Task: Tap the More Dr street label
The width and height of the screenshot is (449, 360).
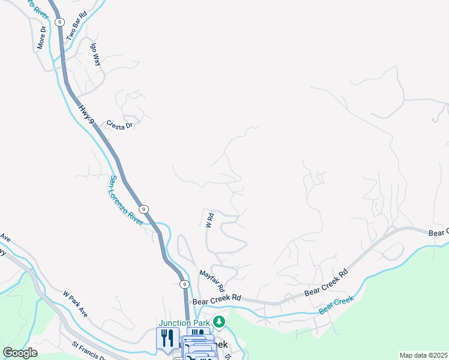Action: pos(41,37)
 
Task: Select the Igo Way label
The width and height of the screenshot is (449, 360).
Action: pos(94,53)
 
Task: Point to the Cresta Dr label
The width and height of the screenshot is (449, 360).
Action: pos(119,125)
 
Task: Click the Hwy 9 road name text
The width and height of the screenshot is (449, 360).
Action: pos(86,114)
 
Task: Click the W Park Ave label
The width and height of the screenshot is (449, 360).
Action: pos(76,305)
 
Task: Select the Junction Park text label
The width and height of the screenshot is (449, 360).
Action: pos(184,323)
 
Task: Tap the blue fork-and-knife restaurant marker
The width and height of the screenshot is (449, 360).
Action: pos(167,338)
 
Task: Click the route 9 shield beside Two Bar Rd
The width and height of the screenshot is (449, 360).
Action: pos(59,22)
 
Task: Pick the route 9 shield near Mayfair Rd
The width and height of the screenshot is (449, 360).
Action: pos(184,284)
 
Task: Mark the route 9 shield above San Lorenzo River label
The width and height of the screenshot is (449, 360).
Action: pos(143,209)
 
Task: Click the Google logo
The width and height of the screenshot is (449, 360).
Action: pos(20,353)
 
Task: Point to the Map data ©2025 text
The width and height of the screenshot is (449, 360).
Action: pos(423,355)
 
